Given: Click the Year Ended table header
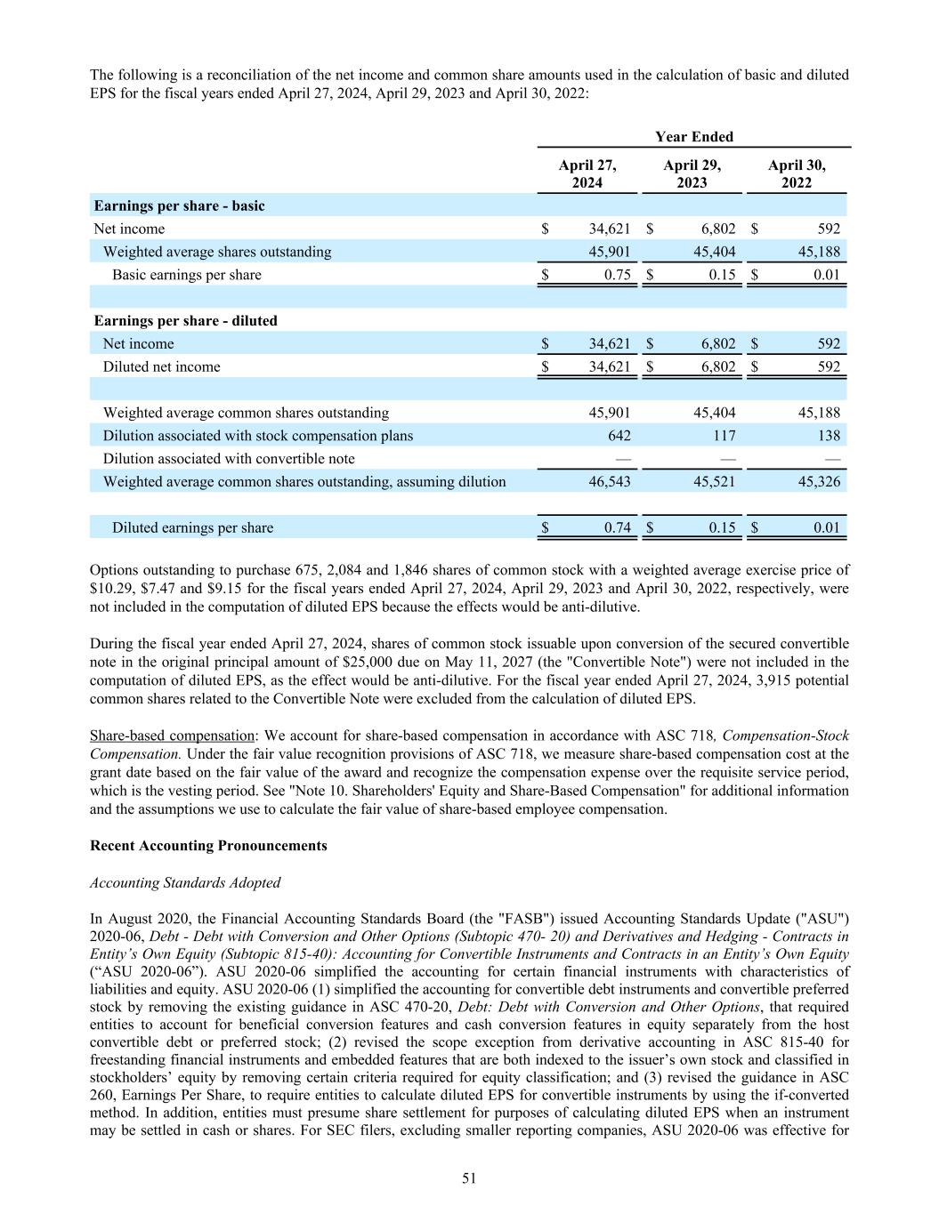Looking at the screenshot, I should point(694,137).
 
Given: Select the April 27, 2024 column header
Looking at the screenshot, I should point(587,173).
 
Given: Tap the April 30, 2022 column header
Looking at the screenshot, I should point(797,173).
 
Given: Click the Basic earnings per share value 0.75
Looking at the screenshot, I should point(617,275).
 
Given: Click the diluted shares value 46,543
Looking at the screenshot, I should point(610,482).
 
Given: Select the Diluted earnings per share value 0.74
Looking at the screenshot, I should point(617,528).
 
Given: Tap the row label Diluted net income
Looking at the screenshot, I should point(161,367).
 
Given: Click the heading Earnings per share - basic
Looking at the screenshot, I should point(179,206).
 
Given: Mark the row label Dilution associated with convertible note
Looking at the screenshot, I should point(229,459).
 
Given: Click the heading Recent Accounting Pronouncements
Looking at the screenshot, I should point(208,846).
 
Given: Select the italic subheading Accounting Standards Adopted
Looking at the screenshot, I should point(185,883).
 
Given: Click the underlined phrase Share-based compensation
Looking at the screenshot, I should point(172,736).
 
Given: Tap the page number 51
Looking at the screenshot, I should point(469,1178).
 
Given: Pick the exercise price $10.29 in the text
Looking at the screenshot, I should point(110,589).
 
